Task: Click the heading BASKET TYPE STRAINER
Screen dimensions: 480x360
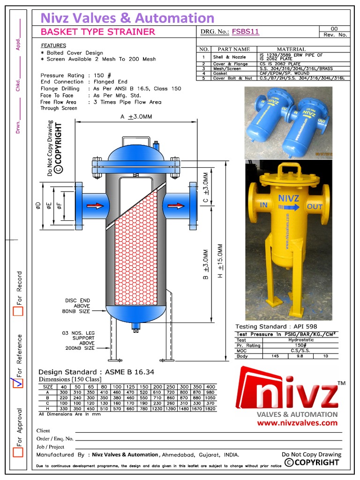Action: [x=97, y=32]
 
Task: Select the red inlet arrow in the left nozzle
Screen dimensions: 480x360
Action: [x=95, y=205]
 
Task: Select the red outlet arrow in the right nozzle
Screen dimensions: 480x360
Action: [x=176, y=205]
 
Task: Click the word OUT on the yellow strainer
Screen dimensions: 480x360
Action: [x=315, y=206]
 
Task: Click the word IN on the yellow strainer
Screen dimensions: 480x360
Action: [x=264, y=205]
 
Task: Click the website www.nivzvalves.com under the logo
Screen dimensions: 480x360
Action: [x=297, y=422]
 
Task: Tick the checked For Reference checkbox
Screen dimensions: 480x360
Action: [x=18, y=382]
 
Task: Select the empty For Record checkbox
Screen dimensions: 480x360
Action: [x=18, y=311]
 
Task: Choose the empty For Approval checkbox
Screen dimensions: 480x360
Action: [x=18, y=452]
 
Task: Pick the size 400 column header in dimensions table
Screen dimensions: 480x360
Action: [x=210, y=387]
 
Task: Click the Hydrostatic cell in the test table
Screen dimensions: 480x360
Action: [x=302, y=340]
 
